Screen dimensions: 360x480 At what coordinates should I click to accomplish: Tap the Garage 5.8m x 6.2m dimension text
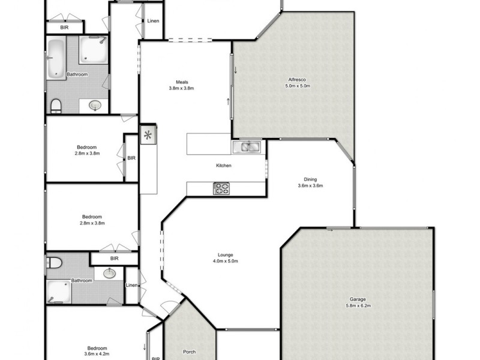[x=358, y=305]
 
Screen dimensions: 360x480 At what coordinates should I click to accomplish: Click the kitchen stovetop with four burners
[x=221, y=189]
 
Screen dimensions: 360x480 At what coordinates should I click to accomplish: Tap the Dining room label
[x=310, y=179]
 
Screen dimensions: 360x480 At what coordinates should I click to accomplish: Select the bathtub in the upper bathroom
[x=56, y=58]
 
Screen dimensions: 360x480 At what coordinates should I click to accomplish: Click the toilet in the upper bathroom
[x=56, y=106]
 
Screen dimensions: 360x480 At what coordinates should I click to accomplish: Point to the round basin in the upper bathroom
[x=95, y=106]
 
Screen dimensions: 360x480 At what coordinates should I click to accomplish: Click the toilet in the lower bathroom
[x=54, y=263]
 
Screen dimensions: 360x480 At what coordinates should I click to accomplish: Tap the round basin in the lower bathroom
[x=110, y=274]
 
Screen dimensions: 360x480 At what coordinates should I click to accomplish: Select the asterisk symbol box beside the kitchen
[x=148, y=135]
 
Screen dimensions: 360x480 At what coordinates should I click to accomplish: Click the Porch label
[x=190, y=352]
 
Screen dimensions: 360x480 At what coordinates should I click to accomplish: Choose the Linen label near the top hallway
[x=153, y=21]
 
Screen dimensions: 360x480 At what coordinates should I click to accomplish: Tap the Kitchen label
[x=224, y=166]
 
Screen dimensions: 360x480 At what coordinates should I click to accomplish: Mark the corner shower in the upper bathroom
[x=94, y=50]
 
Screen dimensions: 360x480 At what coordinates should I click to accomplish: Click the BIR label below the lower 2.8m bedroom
[x=114, y=259]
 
